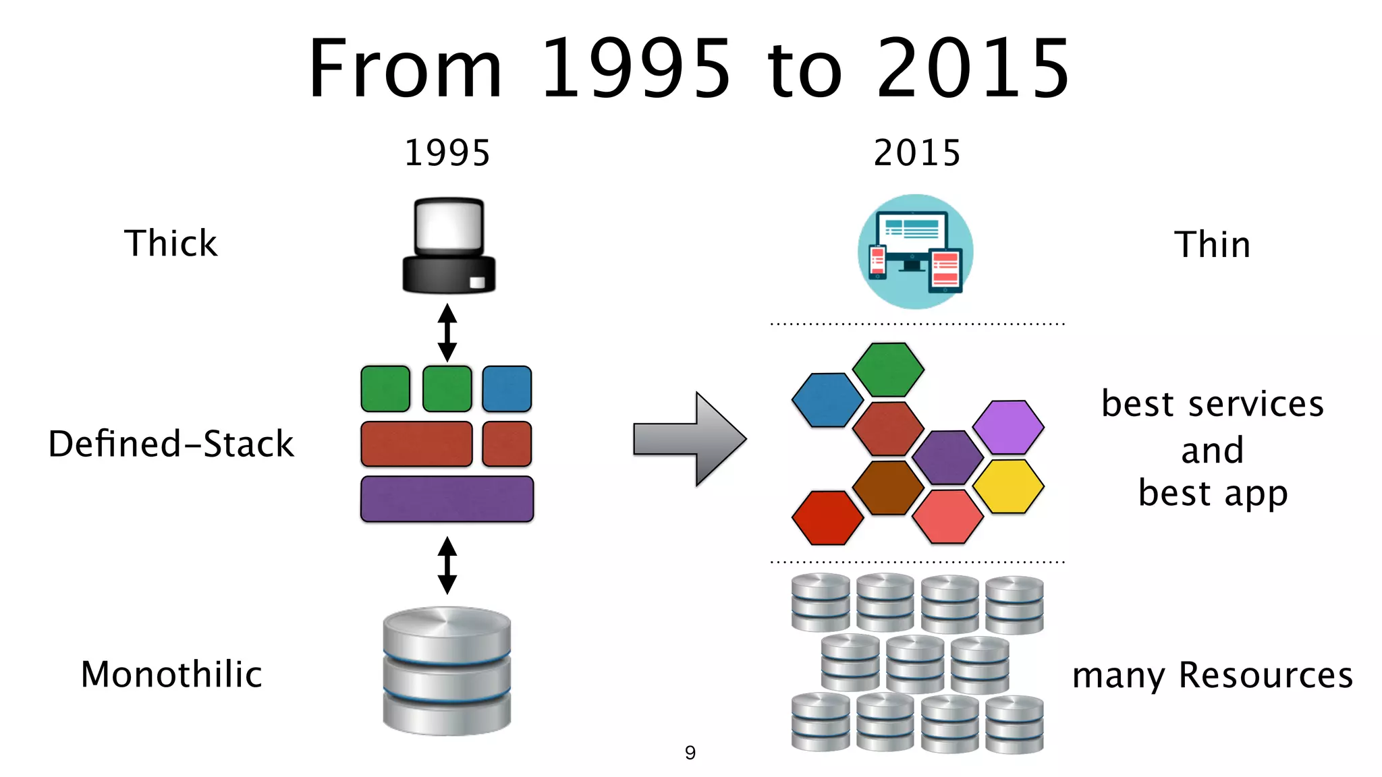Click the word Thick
171,243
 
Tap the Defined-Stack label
171,444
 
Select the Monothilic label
171,674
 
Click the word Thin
1212,244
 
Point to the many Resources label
1212,675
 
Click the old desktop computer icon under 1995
449,246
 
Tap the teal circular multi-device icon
915,252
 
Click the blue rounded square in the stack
507,389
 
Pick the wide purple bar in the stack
447,499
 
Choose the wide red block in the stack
416,444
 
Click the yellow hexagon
1008,486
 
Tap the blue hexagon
827,400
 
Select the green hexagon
888,370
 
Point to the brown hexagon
888,488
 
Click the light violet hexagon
1008,427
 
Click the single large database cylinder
447,670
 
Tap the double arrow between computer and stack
447,333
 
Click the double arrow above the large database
447,565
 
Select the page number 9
690,752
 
